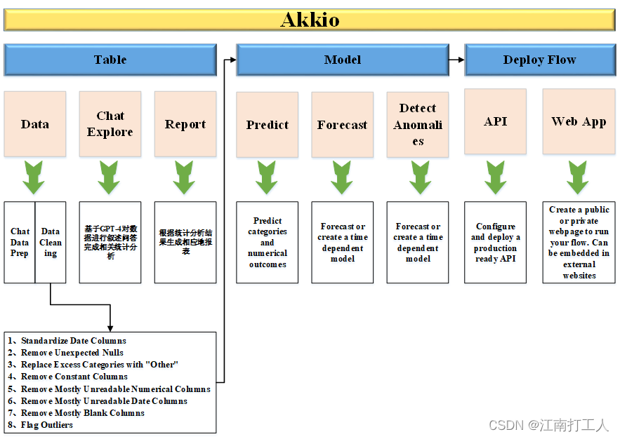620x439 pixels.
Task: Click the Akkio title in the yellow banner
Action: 310,20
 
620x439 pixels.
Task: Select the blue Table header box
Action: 110,60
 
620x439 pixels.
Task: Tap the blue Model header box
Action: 342,60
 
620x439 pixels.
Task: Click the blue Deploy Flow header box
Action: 539,60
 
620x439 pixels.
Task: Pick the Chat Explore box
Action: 110,123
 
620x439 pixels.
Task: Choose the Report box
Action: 185,124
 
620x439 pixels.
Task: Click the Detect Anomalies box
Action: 418,124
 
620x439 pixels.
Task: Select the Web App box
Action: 579,121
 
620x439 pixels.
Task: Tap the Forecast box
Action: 342,125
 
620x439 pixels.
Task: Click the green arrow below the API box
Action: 495,177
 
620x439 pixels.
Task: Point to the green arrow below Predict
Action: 267,177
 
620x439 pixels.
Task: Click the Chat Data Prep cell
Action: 20,242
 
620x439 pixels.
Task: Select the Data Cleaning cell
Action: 51,242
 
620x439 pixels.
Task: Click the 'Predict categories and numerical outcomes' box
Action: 267,243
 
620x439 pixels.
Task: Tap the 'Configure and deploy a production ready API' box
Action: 495,243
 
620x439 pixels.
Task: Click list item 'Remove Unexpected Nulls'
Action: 72,353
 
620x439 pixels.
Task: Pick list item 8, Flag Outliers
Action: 46,425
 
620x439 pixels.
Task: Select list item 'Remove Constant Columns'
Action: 74,377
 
